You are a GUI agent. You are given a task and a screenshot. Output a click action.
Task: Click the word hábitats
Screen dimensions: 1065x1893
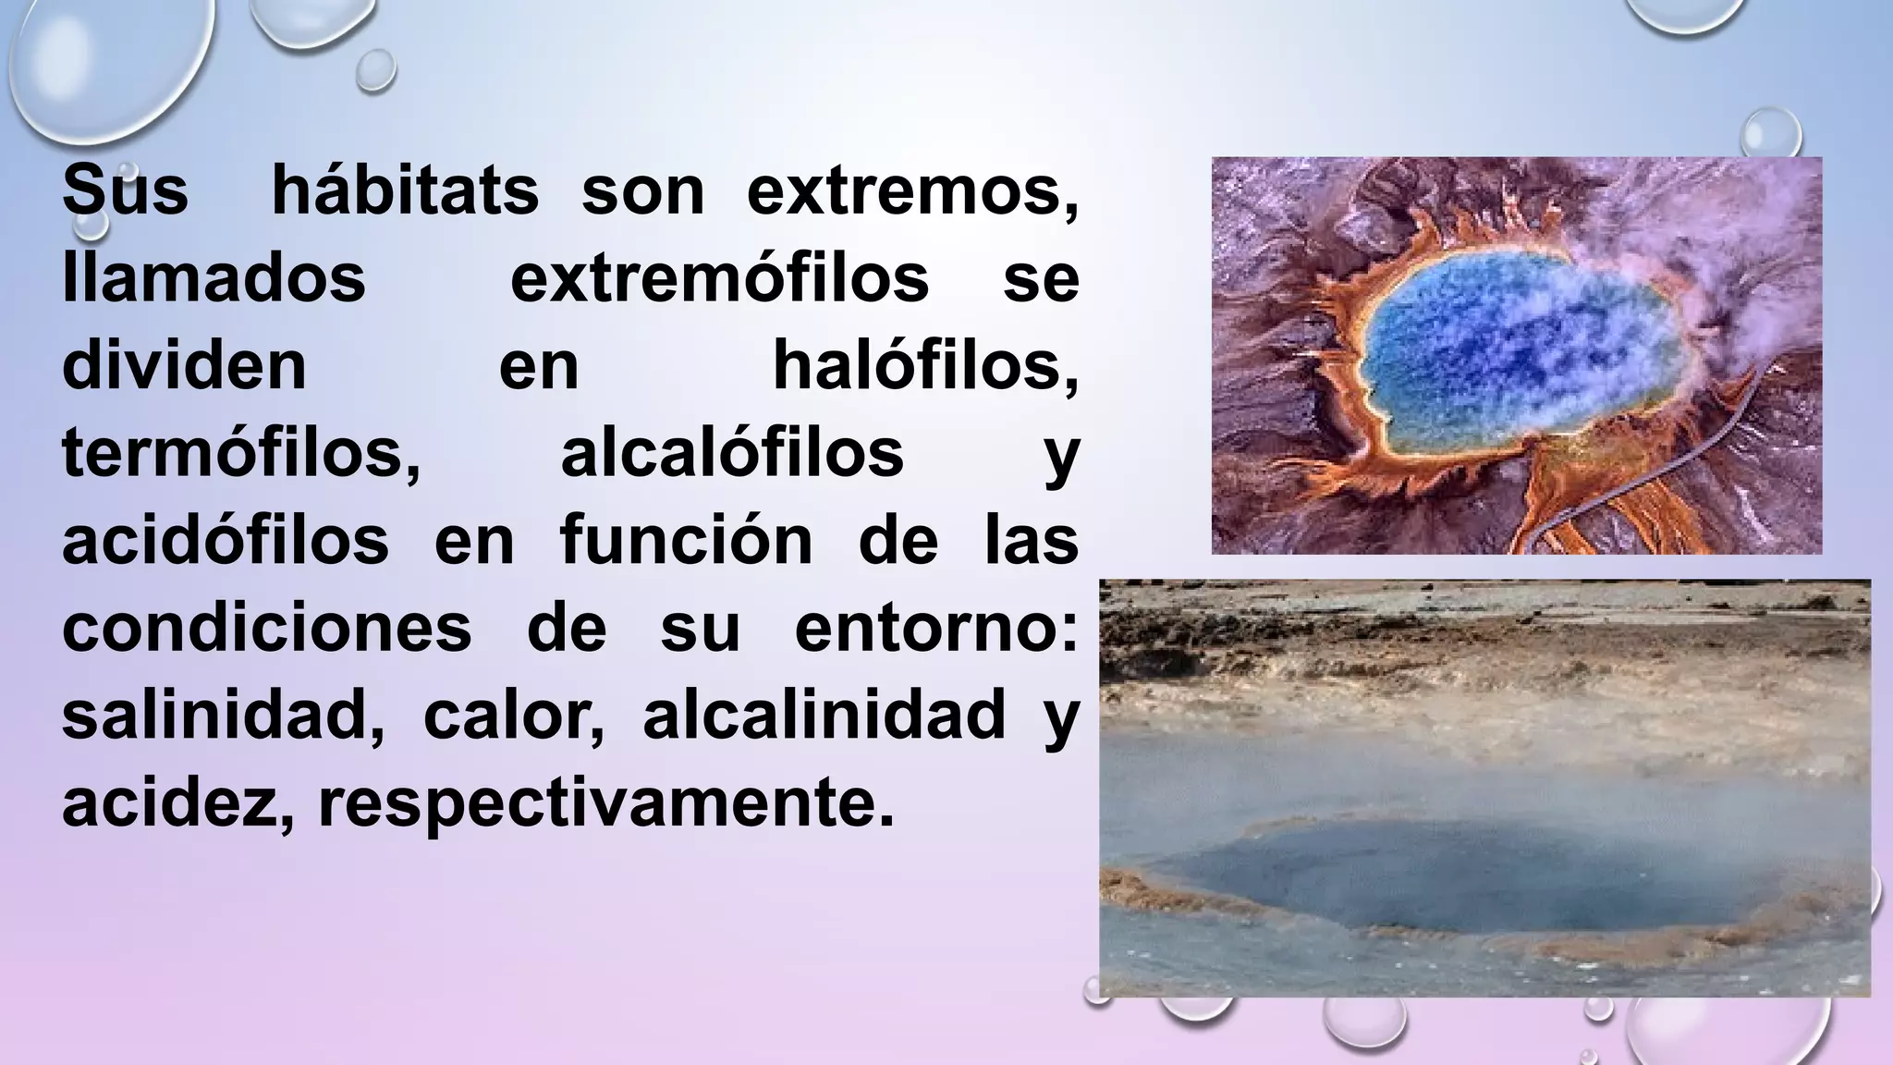(405, 191)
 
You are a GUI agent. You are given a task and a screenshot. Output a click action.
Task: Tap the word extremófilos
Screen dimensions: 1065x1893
(719, 278)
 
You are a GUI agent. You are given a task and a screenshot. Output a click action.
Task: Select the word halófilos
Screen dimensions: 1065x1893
(924, 366)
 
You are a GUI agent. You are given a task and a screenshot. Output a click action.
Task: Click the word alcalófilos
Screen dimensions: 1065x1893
(732, 453)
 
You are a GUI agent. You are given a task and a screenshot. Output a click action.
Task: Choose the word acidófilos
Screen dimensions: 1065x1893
(226, 541)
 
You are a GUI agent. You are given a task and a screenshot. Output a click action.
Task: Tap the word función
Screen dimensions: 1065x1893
(686, 541)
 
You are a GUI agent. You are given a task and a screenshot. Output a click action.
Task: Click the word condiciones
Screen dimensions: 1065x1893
(267, 628)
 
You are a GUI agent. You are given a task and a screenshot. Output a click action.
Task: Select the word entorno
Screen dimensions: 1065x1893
(935, 628)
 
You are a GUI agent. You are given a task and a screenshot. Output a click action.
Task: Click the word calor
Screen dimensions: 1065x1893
(514, 716)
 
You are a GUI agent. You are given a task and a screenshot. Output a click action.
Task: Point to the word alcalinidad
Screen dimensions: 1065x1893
(824, 716)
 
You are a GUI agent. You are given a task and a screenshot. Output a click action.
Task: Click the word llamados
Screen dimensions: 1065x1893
(214, 278)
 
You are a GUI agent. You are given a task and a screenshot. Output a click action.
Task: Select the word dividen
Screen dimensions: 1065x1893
(184, 366)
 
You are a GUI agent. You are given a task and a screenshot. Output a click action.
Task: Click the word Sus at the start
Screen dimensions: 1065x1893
(125, 191)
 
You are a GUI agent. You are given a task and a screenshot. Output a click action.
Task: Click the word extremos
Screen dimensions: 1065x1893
(911, 191)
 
